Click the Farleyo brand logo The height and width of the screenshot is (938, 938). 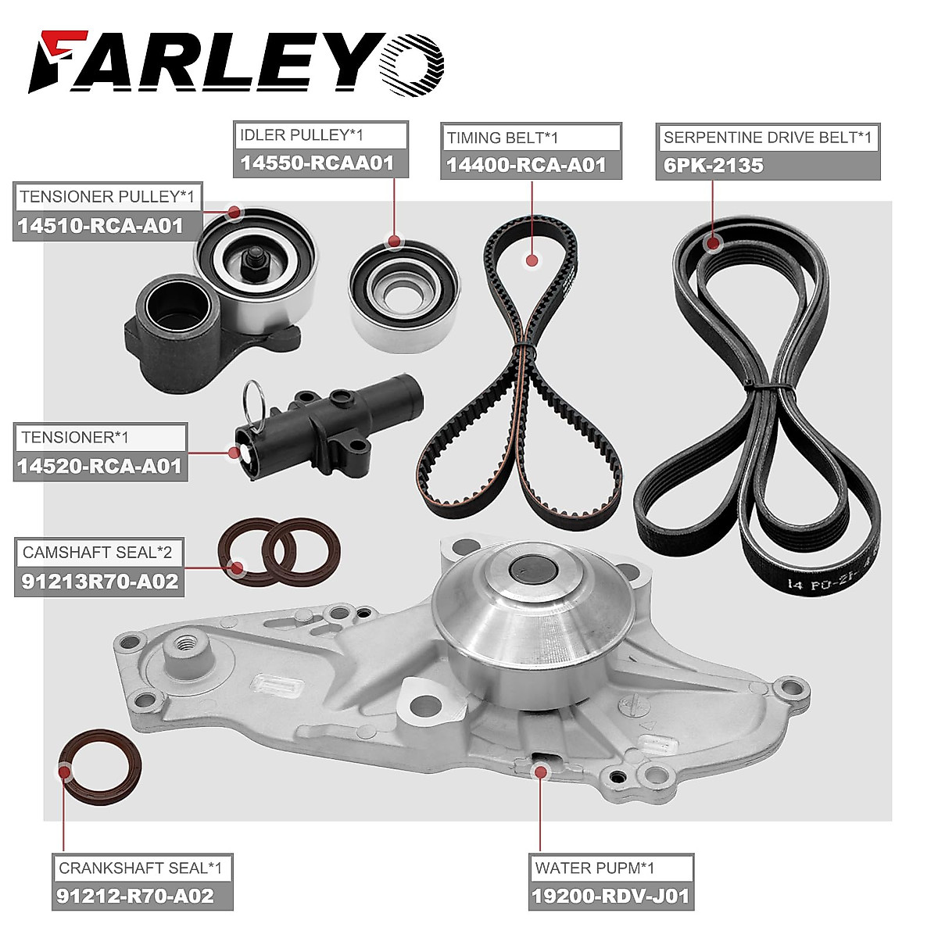(235, 62)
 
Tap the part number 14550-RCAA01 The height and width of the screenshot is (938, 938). (317, 163)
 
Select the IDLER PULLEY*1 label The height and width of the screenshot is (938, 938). (302, 135)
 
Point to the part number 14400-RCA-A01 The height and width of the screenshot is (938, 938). (526, 165)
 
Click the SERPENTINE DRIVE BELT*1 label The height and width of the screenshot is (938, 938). (767, 138)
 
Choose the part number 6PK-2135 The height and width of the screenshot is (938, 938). (713, 166)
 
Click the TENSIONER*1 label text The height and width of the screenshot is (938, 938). (75, 438)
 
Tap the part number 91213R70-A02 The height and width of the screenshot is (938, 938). (99, 582)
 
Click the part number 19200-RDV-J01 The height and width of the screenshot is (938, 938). (610, 896)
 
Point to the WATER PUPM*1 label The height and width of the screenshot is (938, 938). (595, 868)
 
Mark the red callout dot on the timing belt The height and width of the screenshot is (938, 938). (532, 260)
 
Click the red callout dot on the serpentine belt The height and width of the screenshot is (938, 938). (711, 243)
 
